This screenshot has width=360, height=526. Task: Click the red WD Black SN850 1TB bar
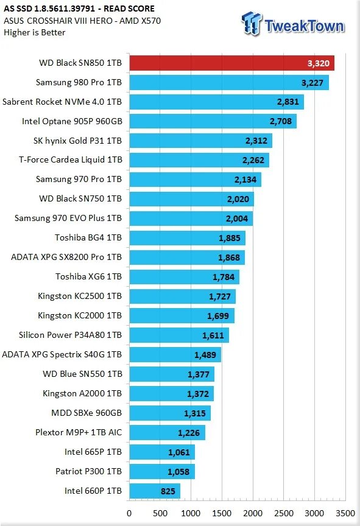pyautogui.click(x=231, y=63)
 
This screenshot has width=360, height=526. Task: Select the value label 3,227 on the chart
pyautogui.click(x=312, y=83)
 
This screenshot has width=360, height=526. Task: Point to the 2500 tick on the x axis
pyautogui.click(x=283, y=513)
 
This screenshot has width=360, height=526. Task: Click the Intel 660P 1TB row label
pyautogui.click(x=93, y=491)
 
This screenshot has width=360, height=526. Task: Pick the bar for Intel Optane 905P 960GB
pyautogui.click(x=213, y=122)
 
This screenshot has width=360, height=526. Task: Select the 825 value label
pyautogui.click(x=168, y=491)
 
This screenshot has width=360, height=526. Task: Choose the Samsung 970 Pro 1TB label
pyautogui.click(x=79, y=180)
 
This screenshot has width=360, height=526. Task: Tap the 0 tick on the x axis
pyautogui.click(x=129, y=513)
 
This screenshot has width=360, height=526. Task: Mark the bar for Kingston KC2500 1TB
pyautogui.click(x=182, y=296)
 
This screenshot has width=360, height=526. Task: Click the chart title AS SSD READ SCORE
pyautogui.click(x=79, y=9)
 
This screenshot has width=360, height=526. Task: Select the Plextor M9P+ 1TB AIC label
pyautogui.click(x=79, y=433)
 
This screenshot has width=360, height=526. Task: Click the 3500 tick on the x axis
pyautogui.click(x=345, y=513)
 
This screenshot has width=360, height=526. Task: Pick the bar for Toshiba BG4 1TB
pyautogui.click(x=187, y=238)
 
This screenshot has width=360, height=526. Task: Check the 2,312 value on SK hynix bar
pyautogui.click(x=256, y=141)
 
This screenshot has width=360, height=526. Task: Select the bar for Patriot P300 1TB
pyautogui.click(x=161, y=471)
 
